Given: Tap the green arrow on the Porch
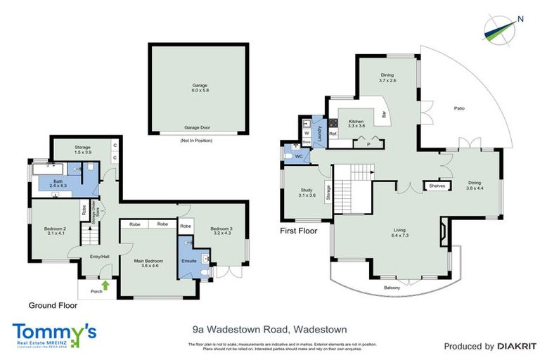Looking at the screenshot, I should (105, 285).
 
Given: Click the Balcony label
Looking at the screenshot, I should (392, 288).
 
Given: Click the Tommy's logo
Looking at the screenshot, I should (54, 333).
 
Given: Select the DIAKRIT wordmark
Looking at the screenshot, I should (515, 346).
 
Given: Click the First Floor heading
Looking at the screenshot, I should (299, 231).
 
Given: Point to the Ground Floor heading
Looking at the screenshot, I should (53, 306).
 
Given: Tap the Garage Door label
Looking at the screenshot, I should (198, 128).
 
